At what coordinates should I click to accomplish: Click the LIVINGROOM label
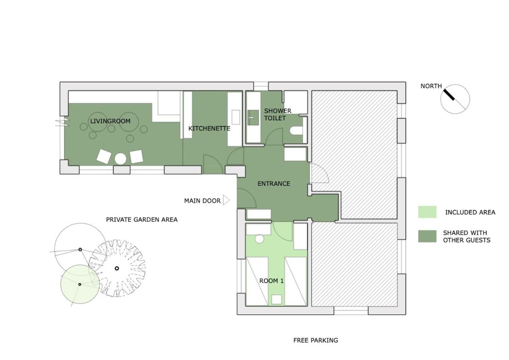coord(110,121)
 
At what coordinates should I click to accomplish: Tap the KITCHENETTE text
coord(209,128)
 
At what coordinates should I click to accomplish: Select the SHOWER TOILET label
coord(277,114)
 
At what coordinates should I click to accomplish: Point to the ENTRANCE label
coord(274,184)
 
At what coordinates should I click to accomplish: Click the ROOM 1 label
coord(271,281)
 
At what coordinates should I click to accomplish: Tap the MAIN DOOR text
coord(202,201)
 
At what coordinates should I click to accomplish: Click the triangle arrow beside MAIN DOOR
coord(226,200)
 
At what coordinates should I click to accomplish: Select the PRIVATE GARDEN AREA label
coord(142,220)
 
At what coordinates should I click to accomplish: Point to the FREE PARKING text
coord(316,340)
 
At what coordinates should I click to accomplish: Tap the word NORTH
coord(431,86)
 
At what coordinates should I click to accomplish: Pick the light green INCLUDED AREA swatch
coord(427,212)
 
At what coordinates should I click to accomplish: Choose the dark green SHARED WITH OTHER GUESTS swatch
coord(427,236)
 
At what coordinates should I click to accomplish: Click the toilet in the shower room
coord(296,131)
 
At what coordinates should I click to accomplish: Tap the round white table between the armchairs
coord(121,159)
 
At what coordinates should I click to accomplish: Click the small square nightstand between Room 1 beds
coord(276,299)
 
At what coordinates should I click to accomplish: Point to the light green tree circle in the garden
coord(80,284)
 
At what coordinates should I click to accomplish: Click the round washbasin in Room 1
coord(259,239)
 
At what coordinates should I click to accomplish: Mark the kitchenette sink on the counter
coord(236,117)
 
